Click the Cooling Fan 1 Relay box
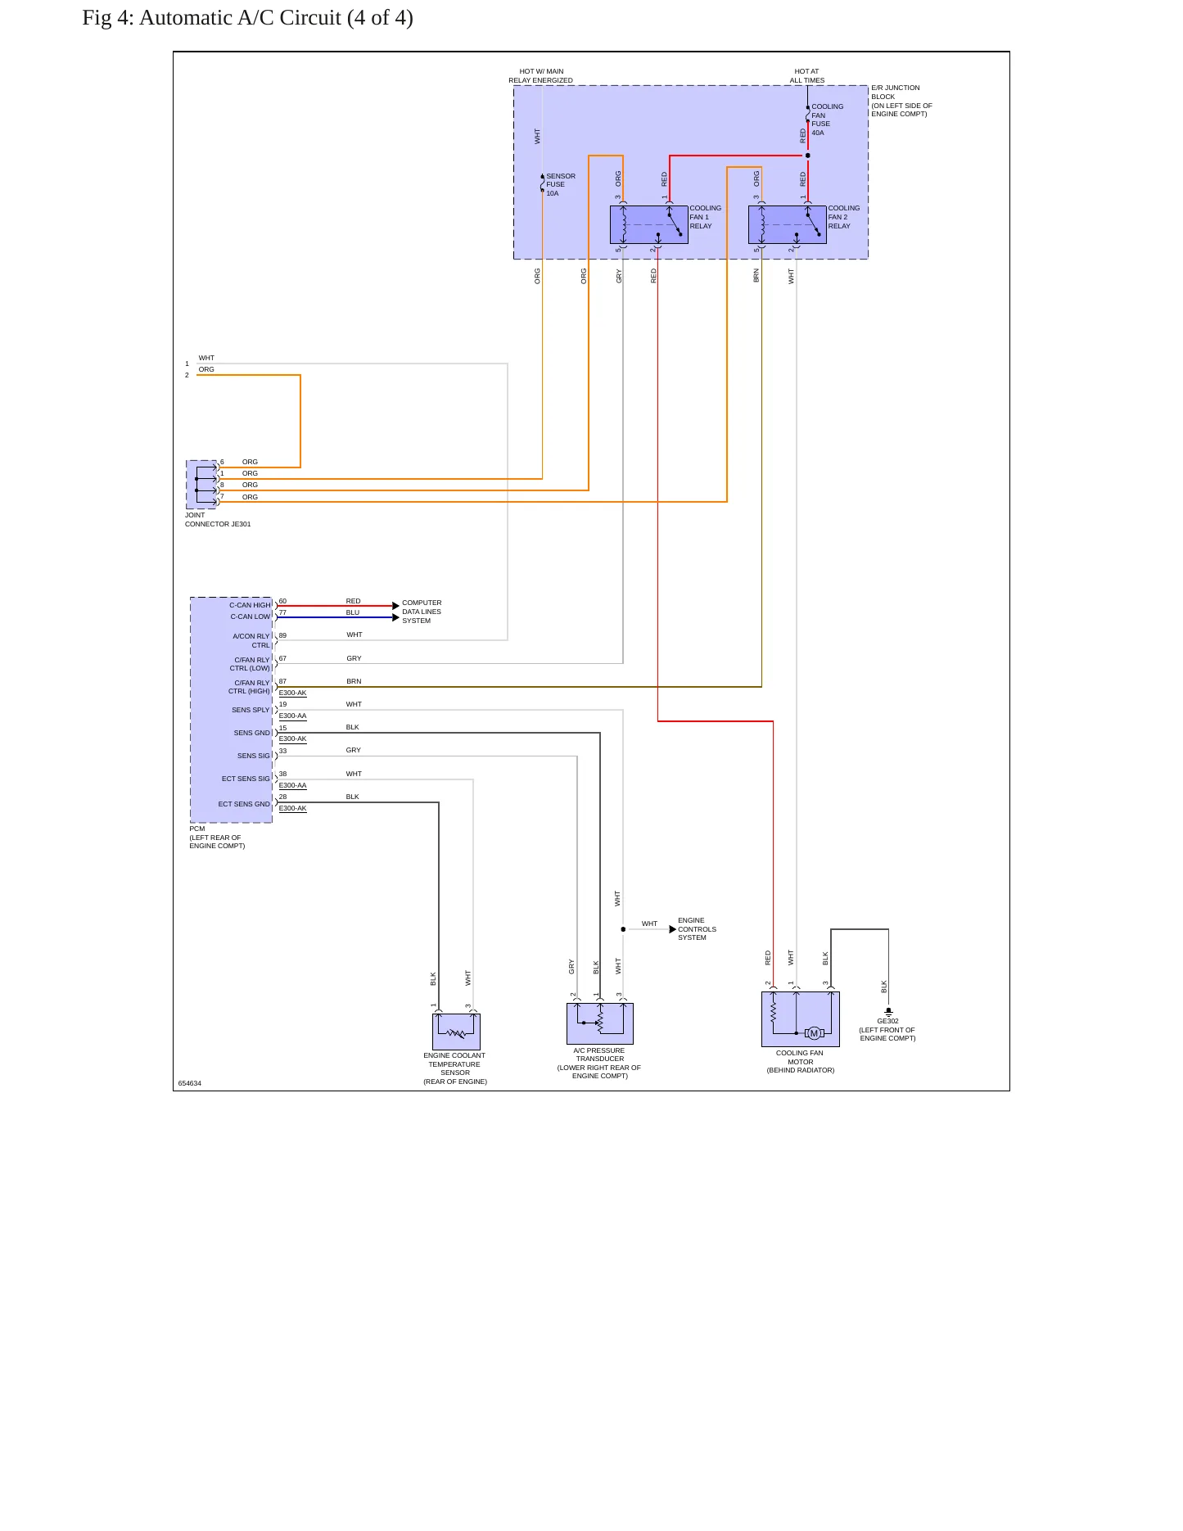click(648, 224)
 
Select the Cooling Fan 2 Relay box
click(787, 224)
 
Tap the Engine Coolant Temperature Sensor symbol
click(456, 1032)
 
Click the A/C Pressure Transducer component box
click(600, 1023)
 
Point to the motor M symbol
click(814, 1033)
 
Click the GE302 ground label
click(887, 1021)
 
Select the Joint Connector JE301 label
click(218, 520)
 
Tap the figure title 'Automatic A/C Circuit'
click(240, 18)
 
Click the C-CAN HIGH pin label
click(250, 605)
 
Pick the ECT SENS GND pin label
click(244, 804)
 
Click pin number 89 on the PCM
click(282, 635)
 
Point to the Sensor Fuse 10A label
click(561, 184)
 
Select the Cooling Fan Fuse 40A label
click(827, 120)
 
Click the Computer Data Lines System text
click(422, 612)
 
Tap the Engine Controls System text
click(697, 928)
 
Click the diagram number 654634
click(190, 1083)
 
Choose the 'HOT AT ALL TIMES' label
click(807, 76)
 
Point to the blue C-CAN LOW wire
click(336, 617)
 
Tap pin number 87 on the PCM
click(282, 681)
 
